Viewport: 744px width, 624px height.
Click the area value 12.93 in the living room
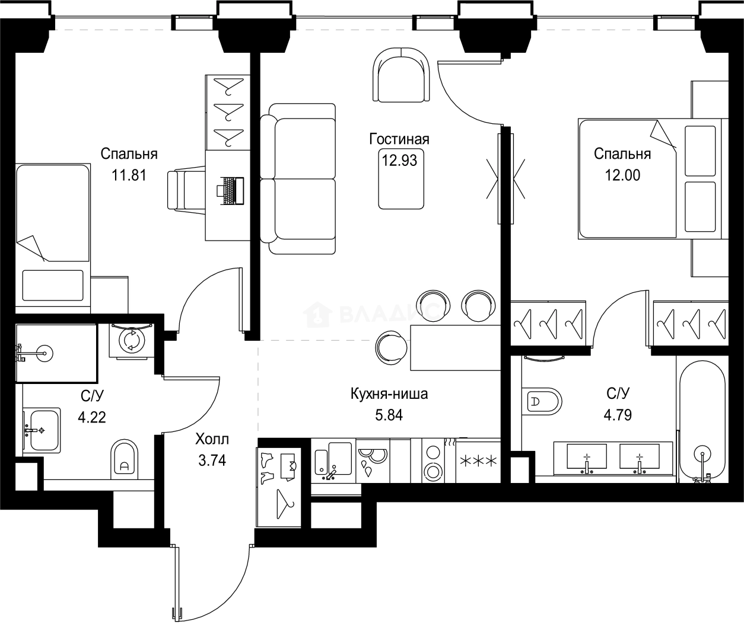tap(399, 160)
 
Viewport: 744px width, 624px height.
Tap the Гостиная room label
tap(399, 139)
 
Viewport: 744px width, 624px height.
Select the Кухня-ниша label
tap(389, 393)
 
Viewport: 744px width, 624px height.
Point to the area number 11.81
tap(129, 175)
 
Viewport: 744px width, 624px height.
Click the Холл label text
tap(212, 439)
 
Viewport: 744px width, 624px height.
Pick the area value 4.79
tap(618, 415)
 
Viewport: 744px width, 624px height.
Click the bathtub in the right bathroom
tap(702, 421)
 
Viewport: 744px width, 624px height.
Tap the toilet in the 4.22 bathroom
tap(124, 460)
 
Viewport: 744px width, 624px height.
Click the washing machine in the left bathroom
tap(131, 341)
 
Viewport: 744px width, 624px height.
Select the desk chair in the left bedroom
tap(186, 190)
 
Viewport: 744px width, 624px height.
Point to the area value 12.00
tap(622, 175)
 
